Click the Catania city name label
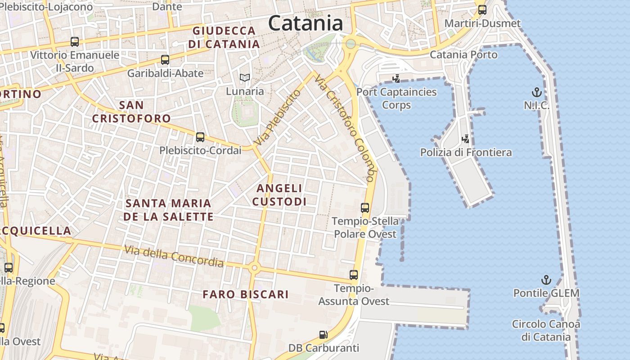(x=306, y=23)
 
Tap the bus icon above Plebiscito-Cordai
(x=200, y=137)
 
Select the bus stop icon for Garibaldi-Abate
(x=165, y=59)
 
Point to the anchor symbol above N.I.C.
(x=536, y=93)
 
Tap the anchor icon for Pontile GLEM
(x=546, y=280)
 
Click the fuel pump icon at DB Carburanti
(x=323, y=334)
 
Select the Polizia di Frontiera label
(x=466, y=153)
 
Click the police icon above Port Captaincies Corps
(x=396, y=79)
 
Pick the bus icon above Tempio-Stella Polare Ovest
(x=365, y=208)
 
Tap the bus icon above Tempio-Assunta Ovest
(x=354, y=274)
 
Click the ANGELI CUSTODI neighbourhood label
(x=279, y=195)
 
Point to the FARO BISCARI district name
(x=245, y=294)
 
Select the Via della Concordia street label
(x=174, y=256)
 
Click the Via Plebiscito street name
(x=277, y=117)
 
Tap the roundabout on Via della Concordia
(x=255, y=268)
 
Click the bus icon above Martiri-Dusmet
(x=482, y=9)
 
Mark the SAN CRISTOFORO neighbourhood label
(x=131, y=112)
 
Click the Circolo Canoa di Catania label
(x=546, y=330)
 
